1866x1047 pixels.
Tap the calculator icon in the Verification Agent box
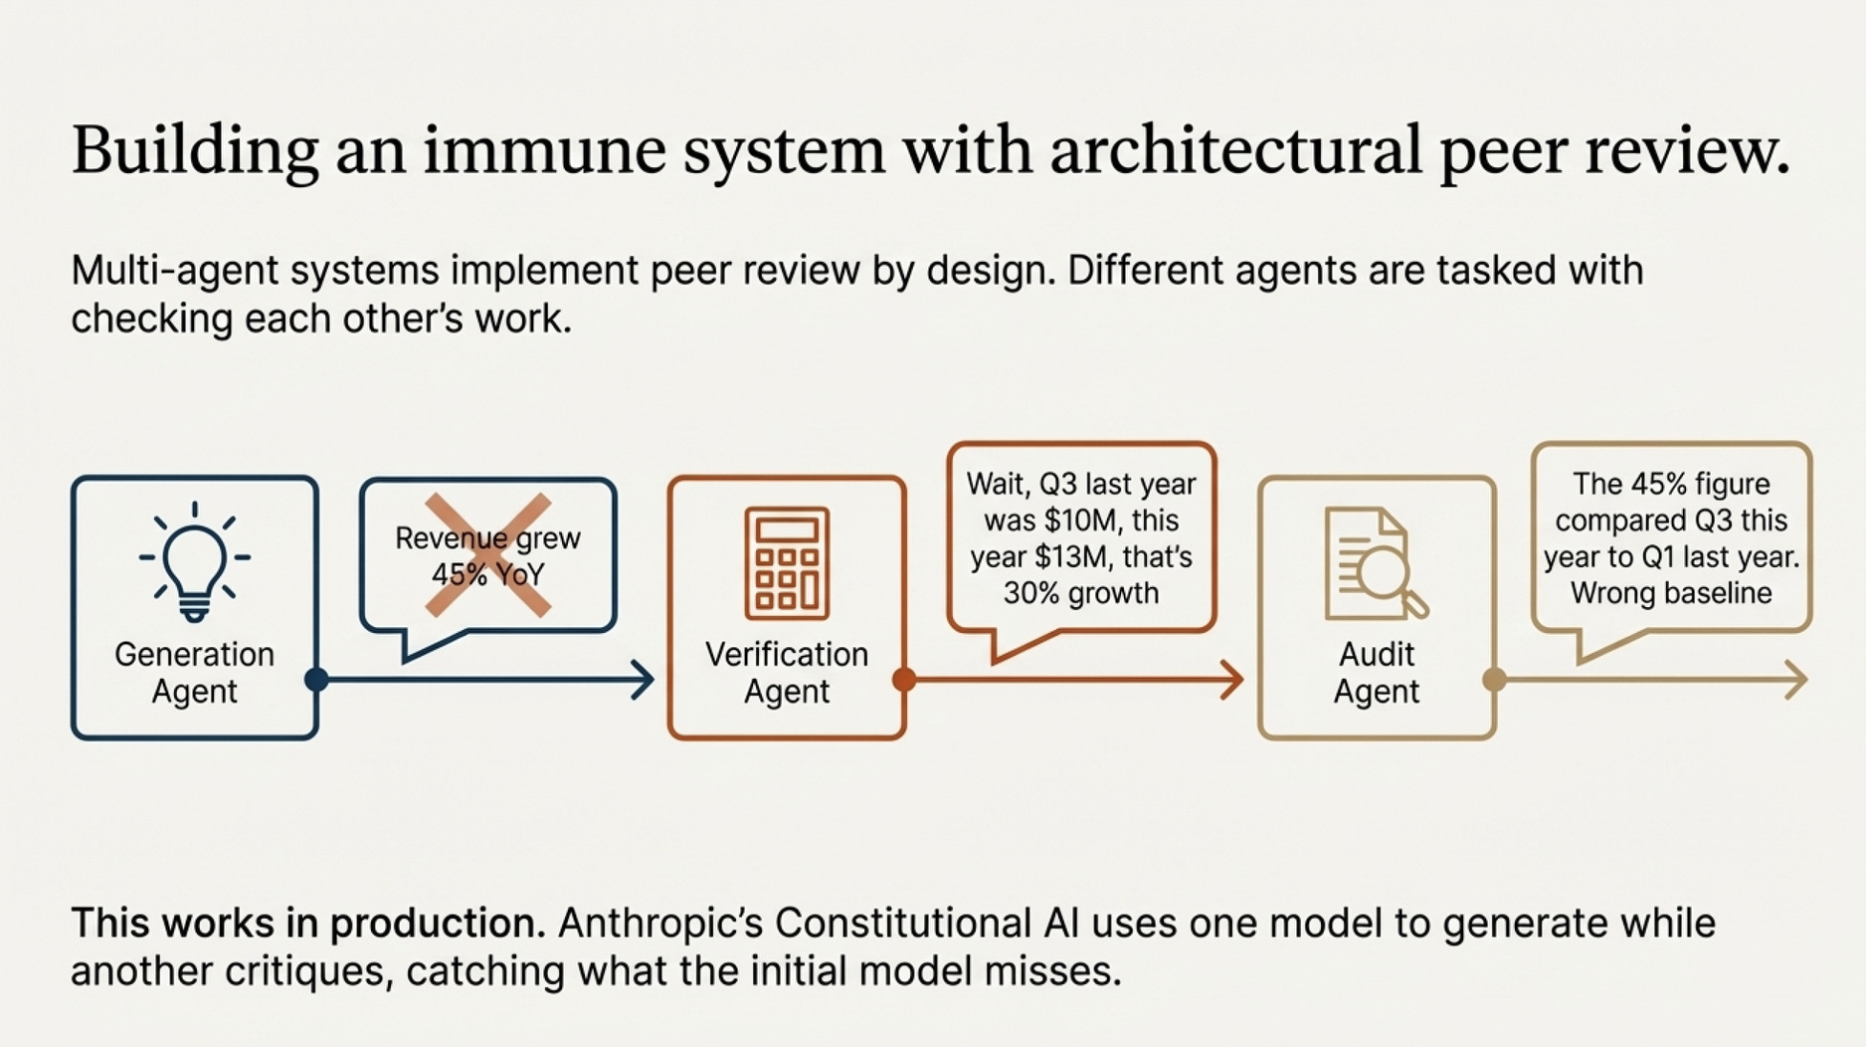pos(786,562)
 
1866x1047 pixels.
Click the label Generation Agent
pos(194,673)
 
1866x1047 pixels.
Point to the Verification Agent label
pos(786,673)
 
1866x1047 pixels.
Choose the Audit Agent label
pos(1377,673)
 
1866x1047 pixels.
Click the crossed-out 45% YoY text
pos(487,574)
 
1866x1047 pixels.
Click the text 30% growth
pos(1081,593)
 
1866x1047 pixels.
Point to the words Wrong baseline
pos(1671,593)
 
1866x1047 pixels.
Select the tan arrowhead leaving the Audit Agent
pos(1797,680)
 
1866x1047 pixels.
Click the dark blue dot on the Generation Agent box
pos(316,680)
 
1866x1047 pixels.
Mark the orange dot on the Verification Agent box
pos(904,680)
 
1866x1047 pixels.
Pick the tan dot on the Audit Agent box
pos(1494,680)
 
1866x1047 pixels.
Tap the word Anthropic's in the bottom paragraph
pos(659,924)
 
